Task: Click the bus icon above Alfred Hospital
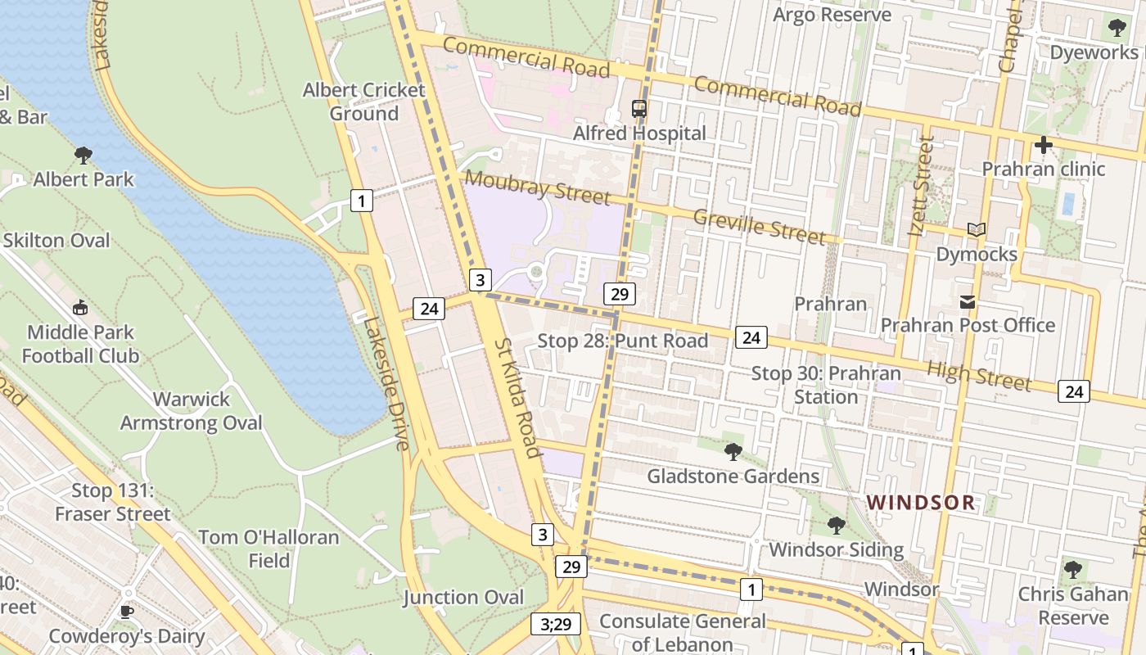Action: (639, 108)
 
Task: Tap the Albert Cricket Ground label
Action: (364, 102)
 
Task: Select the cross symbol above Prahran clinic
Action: (1043, 146)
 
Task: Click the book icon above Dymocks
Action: (976, 230)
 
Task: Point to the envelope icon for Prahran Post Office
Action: (968, 302)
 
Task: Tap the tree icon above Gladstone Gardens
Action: (733, 451)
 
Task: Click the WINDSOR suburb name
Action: (921, 503)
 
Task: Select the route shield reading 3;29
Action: (556, 624)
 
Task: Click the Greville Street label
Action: (760, 227)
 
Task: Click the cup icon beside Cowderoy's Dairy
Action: (126, 612)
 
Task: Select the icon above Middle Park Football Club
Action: (80, 308)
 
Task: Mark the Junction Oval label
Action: (463, 598)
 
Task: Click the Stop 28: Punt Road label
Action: (623, 341)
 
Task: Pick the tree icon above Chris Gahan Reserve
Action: (1073, 570)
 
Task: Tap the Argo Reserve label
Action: (832, 15)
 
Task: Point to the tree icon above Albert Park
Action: (83, 155)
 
